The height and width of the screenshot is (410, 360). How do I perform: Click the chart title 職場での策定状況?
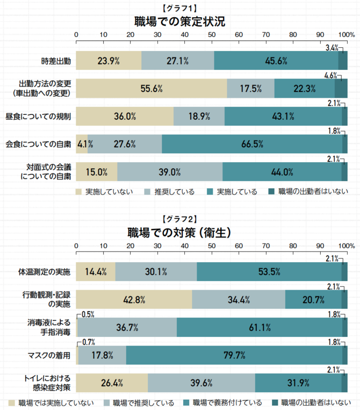(x=180, y=21)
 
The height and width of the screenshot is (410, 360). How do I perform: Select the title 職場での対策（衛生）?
(x=180, y=233)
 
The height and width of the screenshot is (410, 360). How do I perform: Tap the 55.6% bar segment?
(x=152, y=89)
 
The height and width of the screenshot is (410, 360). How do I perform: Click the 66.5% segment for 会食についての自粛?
(x=252, y=144)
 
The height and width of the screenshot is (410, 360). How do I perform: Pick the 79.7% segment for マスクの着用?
(x=234, y=355)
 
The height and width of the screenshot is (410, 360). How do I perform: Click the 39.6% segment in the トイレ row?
(x=201, y=383)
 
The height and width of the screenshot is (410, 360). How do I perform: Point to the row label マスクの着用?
(x=49, y=355)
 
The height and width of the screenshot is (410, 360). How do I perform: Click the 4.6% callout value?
(x=330, y=76)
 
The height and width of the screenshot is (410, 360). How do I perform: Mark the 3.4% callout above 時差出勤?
(x=332, y=48)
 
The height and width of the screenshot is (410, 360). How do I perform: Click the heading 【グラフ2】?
(x=180, y=219)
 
